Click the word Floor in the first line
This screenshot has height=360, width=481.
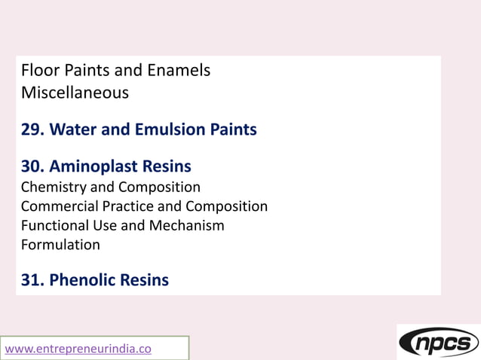[38, 71]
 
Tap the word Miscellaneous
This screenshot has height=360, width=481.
[75, 93]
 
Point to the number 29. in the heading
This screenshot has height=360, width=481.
[33, 130]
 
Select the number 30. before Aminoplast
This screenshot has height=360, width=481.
[33, 166]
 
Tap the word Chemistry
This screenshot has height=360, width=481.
[56, 187]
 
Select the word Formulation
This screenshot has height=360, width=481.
[60, 245]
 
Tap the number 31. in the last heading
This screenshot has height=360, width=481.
[33, 280]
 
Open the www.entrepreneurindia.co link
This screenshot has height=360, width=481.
[78, 349]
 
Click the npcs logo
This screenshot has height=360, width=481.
[439, 343]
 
